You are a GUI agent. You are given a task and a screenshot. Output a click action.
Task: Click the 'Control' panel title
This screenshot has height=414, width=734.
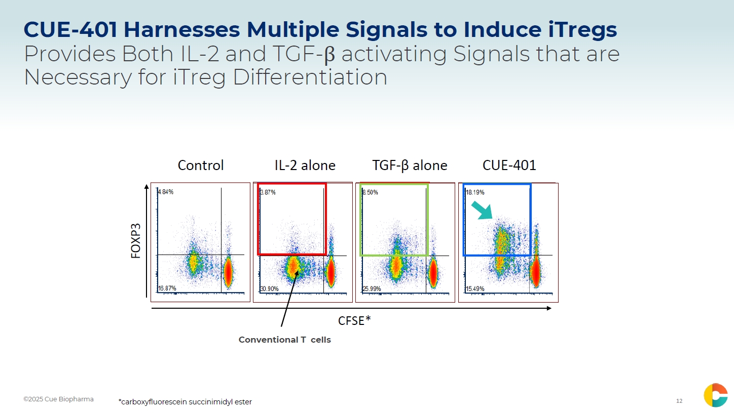pyautogui.click(x=201, y=165)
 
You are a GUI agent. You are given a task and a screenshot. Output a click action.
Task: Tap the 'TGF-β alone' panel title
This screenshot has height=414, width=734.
pyautogui.click(x=410, y=165)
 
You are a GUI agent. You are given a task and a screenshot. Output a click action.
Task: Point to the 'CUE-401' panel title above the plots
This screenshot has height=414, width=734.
pyautogui.click(x=509, y=165)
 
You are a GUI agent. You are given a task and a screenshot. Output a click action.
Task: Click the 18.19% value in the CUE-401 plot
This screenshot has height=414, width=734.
pyautogui.click(x=475, y=192)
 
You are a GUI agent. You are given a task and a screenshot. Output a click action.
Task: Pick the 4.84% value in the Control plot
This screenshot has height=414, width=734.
pyautogui.click(x=166, y=192)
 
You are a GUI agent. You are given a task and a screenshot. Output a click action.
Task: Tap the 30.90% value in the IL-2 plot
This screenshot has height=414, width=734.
pyautogui.click(x=269, y=289)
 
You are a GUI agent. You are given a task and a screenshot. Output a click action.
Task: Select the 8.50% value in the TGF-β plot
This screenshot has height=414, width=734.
pyautogui.click(x=371, y=192)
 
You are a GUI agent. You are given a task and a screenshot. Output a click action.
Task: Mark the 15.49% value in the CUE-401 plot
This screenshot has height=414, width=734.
pyautogui.click(x=475, y=289)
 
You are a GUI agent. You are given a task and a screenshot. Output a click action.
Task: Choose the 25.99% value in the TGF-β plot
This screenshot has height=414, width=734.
pyautogui.click(x=372, y=289)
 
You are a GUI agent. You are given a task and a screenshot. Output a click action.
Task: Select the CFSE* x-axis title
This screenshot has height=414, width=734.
pyautogui.click(x=354, y=320)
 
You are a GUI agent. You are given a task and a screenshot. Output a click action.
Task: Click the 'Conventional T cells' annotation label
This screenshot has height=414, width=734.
pyautogui.click(x=285, y=340)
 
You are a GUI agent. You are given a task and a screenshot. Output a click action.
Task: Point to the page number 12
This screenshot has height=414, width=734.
pyautogui.click(x=679, y=401)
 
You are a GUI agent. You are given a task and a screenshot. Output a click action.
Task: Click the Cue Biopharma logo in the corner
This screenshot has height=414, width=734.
pyautogui.click(x=715, y=395)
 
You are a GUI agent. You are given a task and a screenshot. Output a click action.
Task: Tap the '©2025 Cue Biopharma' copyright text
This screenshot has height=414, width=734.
pyautogui.click(x=58, y=399)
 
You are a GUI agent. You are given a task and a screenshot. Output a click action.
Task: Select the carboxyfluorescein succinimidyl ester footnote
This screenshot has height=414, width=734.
pyautogui.click(x=185, y=402)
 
